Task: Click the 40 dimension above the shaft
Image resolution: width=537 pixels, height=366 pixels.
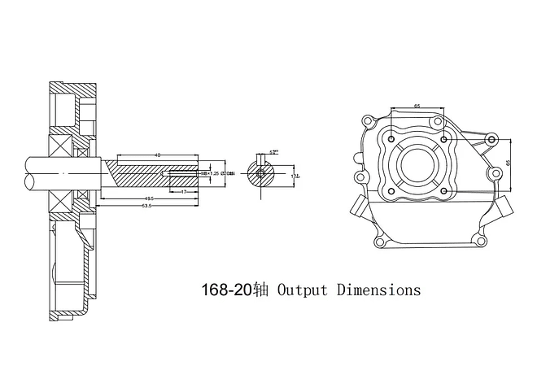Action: [x=156, y=154]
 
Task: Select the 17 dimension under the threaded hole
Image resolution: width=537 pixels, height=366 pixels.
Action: [x=185, y=192]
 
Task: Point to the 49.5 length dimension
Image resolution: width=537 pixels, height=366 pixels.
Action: [x=149, y=198]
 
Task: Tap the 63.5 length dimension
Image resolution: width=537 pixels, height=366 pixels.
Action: [x=146, y=206]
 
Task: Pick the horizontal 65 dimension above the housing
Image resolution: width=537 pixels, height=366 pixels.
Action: [x=417, y=107]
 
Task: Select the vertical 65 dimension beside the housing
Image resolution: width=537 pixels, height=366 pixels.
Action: [x=508, y=163]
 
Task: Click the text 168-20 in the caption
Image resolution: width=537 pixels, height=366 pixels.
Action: [x=226, y=290]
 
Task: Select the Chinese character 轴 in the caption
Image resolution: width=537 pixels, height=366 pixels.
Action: [x=260, y=290]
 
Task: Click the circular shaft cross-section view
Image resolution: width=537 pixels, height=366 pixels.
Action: [x=260, y=173]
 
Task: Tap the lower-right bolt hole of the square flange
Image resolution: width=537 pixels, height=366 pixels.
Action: [x=444, y=193]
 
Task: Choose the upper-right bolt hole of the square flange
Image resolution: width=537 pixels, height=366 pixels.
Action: [x=444, y=137]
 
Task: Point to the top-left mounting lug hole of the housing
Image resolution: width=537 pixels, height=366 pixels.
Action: [x=368, y=122]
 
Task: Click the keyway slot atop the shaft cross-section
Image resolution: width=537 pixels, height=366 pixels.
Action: [x=260, y=160]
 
